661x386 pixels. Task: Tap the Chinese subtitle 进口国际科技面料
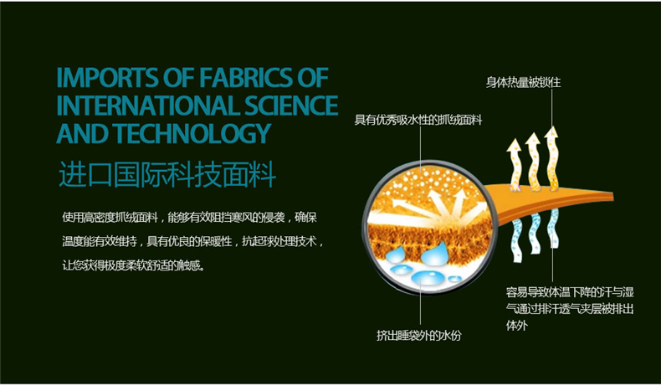pos(167,174)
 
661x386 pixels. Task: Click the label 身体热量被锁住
pos(523,82)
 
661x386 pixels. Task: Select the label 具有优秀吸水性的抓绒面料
pos(418,121)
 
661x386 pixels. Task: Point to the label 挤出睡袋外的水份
pos(419,336)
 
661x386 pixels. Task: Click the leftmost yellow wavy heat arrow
pos(515,164)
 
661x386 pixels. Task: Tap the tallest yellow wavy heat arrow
pos(552,158)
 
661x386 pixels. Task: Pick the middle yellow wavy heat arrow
pos(533,162)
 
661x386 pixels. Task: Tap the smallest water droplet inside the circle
pos(454,279)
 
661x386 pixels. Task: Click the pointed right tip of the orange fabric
pos(613,196)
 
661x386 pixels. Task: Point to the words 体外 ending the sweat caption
pos(517,325)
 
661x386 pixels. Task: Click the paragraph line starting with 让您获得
pos(134,265)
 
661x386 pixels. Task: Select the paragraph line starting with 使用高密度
pos(190,218)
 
